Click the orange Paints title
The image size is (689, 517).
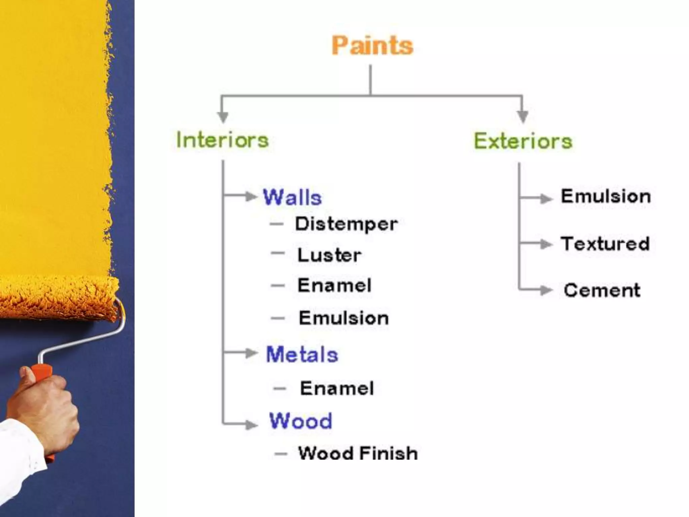372,46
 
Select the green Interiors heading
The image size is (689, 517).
222,140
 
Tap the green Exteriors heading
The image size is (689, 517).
523,141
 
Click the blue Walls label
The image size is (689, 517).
292,197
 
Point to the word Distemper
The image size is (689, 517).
346,224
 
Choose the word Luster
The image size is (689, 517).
329,255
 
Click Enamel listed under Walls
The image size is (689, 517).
334,285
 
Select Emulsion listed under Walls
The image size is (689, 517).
343,318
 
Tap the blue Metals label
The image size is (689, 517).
302,355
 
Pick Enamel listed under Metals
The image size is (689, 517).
337,388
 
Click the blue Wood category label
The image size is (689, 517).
300,421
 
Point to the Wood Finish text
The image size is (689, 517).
358,453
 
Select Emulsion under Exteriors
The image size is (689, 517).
606,196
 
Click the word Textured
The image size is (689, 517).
605,244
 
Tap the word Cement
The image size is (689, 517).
602,290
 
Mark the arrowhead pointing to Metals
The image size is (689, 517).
251,353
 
